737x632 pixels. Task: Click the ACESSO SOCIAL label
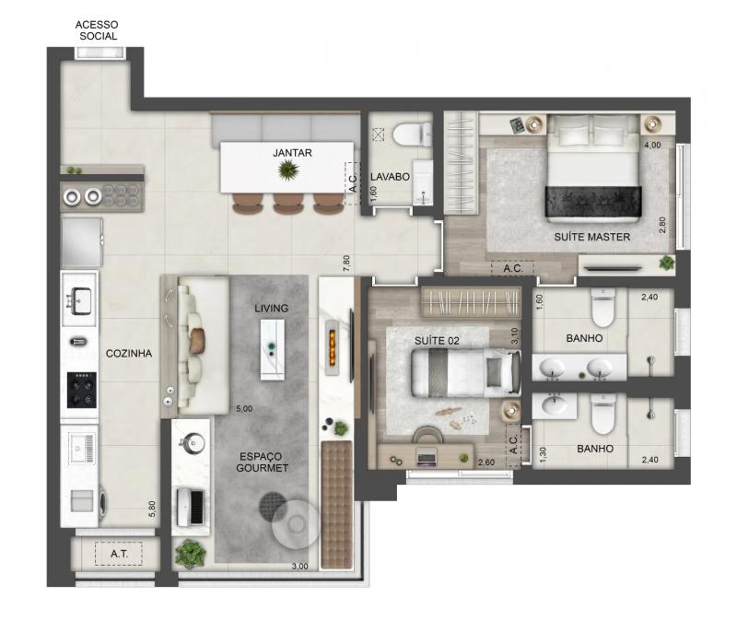tap(97, 30)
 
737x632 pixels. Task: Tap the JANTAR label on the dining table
tap(292, 153)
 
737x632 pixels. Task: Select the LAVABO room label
tap(390, 177)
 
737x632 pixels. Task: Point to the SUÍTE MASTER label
tap(591, 237)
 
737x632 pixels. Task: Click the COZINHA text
tap(129, 354)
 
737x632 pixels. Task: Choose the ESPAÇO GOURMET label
tap(263, 462)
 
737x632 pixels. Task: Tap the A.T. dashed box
tap(119, 554)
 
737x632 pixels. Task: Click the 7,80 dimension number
tap(347, 263)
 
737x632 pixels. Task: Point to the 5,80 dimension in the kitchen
tap(152, 509)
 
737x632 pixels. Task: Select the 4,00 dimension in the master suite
tap(652, 146)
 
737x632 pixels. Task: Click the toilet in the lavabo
tap(412, 135)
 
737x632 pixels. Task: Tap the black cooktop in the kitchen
tap(82, 390)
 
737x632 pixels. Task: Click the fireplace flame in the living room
tap(332, 346)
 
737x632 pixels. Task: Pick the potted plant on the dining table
tap(287, 170)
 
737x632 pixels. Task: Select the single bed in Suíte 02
tap(466, 372)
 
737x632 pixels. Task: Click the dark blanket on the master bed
tap(593, 202)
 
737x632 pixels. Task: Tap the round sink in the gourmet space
tap(193, 443)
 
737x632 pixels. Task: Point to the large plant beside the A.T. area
tap(191, 554)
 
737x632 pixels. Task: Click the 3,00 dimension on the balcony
tap(300, 567)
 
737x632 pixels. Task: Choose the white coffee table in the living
tap(273, 350)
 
